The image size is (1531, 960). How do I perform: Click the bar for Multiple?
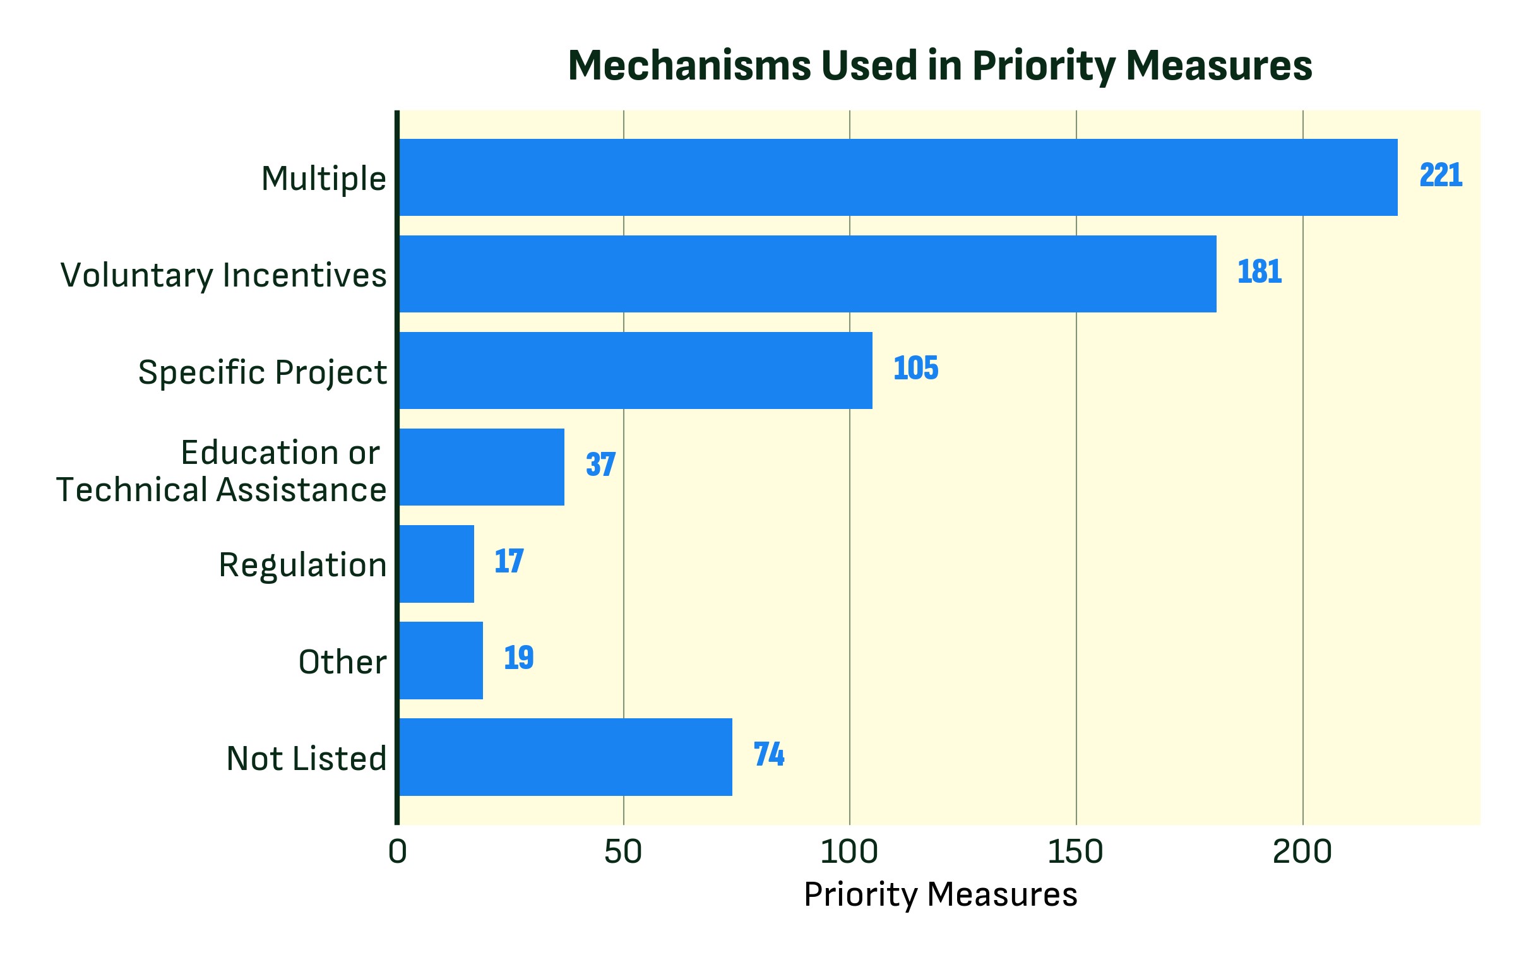[897, 177]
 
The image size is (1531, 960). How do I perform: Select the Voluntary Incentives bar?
[807, 274]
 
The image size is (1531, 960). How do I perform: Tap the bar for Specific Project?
[635, 370]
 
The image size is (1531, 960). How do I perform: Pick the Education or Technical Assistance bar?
[481, 466]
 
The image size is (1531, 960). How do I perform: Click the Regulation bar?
[436, 563]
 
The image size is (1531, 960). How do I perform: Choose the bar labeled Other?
[441, 660]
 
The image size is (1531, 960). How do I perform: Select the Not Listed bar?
[565, 757]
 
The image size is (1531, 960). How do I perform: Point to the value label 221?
[1440, 175]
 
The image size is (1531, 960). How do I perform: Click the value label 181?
[1259, 272]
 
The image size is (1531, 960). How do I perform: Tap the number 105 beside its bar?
[915, 368]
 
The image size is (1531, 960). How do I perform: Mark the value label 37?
[600, 465]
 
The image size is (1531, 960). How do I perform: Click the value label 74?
[768, 754]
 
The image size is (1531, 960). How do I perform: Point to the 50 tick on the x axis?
[623, 852]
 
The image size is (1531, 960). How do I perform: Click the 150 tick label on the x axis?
[1075, 852]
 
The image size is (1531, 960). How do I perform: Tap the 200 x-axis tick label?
[1302, 852]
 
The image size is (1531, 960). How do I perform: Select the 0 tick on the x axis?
[398, 852]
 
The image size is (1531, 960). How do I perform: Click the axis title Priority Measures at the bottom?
[940, 894]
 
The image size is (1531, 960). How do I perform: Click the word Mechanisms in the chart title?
[689, 66]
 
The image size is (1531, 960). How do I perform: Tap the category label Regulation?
[302, 564]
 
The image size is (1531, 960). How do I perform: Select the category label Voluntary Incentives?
[223, 275]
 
